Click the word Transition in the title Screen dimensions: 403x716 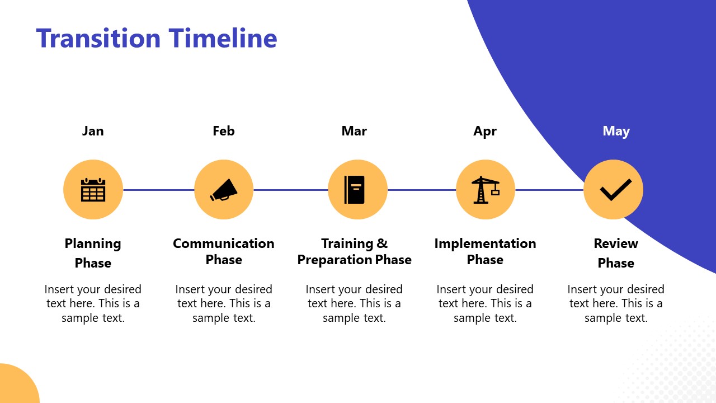tap(98, 39)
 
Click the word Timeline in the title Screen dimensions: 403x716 tap(223, 39)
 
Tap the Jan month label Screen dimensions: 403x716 tap(93, 131)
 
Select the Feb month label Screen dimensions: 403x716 tap(224, 131)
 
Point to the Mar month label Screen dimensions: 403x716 tap(354, 131)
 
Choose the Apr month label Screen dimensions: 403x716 tap(485, 131)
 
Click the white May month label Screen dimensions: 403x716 tap(616, 131)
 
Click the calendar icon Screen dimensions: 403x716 tap(93, 190)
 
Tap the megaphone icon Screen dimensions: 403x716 tap(224, 190)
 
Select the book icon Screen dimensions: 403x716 tap(355, 190)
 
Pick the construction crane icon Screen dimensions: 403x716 tap(485, 190)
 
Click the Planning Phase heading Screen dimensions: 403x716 tap(93, 253)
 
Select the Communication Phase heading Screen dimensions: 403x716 tap(224, 251)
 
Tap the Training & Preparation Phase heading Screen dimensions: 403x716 tap(354, 251)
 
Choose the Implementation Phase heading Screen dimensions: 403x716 tap(485, 251)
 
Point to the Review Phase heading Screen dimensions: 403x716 tap(616, 253)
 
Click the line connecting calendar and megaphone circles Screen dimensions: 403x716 tap(158, 190)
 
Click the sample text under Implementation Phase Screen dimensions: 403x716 tap(485, 303)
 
